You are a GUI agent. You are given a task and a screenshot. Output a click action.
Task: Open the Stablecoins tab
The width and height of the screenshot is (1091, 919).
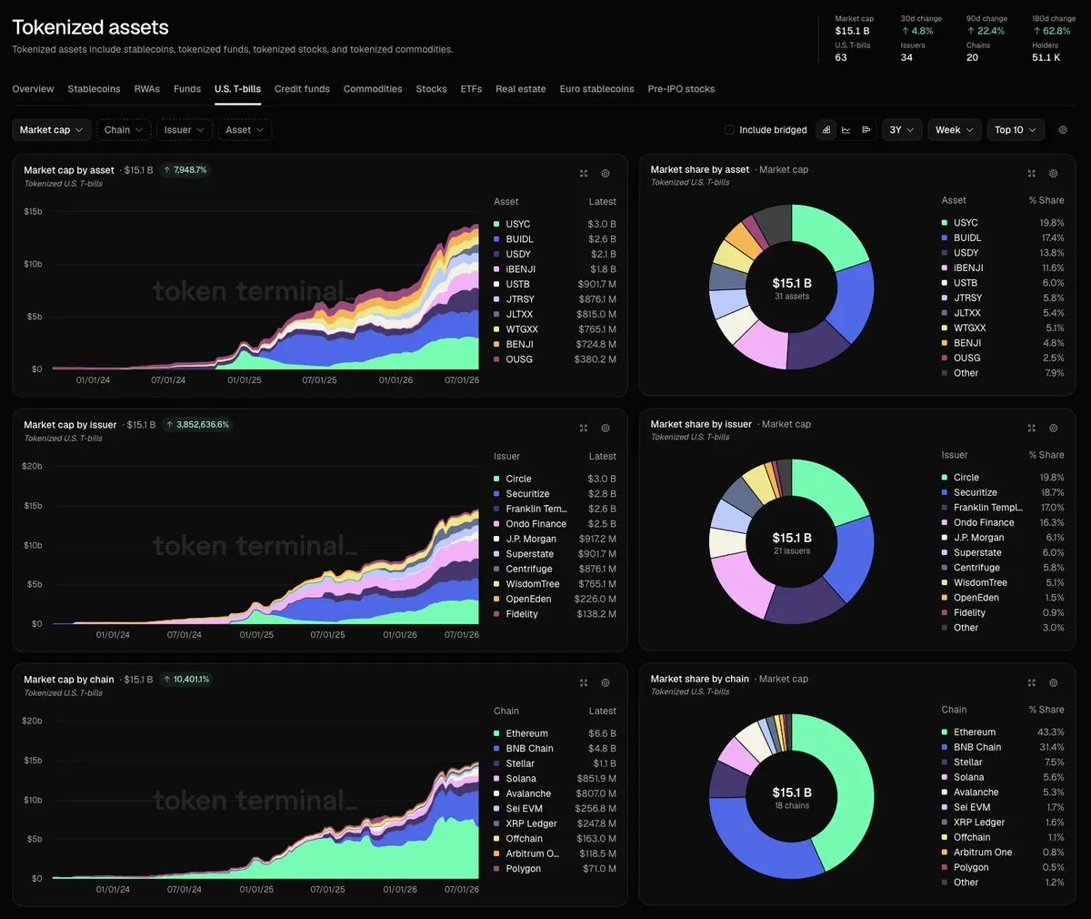point(94,89)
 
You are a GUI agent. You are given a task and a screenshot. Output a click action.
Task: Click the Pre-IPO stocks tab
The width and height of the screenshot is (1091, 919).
point(681,89)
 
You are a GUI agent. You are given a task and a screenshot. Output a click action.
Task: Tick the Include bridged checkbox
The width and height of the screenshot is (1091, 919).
point(729,130)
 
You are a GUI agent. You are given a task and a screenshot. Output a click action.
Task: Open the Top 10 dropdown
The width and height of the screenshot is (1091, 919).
point(1016,130)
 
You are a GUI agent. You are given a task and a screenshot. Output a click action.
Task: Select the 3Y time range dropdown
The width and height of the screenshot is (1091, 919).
point(901,130)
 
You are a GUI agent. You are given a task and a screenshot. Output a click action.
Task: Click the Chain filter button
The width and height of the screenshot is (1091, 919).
point(124,130)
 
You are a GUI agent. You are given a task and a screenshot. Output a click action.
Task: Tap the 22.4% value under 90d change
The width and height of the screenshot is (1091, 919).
point(986,31)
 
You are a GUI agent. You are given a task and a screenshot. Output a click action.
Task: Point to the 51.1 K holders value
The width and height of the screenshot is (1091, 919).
point(1046,57)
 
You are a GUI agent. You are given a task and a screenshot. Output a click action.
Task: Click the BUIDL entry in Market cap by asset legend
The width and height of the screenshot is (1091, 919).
point(519,239)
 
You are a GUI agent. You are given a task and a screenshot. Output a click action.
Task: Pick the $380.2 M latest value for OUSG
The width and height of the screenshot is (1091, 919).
point(596,359)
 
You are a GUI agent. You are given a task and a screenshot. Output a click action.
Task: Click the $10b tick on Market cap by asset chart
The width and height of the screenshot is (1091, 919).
point(33,264)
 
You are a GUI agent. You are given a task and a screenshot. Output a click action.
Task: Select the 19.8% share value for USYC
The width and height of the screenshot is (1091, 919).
point(1051,223)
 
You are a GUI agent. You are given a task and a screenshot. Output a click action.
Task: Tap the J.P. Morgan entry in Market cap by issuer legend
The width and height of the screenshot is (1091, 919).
point(531,539)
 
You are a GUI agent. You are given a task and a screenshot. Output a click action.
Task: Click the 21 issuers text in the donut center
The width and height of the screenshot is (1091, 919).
point(792,550)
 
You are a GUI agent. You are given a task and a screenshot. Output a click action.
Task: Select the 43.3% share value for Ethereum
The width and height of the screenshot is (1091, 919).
point(1050,732)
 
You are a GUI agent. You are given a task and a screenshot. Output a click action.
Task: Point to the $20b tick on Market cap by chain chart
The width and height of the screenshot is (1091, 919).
point(32,721)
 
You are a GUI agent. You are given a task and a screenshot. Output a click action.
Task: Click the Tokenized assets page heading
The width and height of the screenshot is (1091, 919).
point(90,27)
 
